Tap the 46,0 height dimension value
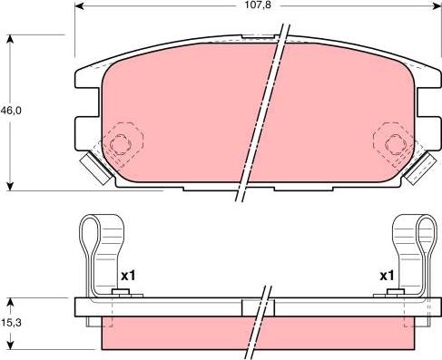[x=11, y=111]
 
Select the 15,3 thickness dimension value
[x=11, y=323]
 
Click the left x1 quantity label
[x=129, y=276]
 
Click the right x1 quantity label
[x=387, y=276]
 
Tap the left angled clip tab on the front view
[x=96, y=169]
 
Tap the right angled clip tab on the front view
[x=420, y=168]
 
